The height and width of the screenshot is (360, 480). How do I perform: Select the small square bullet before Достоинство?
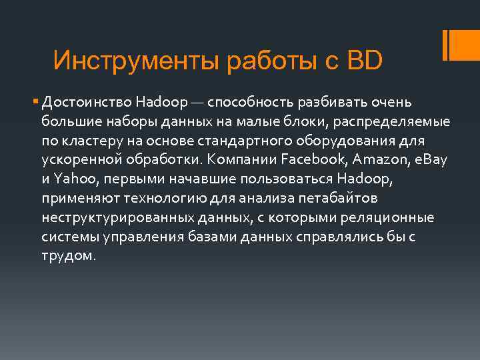35,103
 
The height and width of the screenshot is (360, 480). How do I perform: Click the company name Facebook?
311,161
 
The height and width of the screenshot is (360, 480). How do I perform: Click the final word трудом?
69,257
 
